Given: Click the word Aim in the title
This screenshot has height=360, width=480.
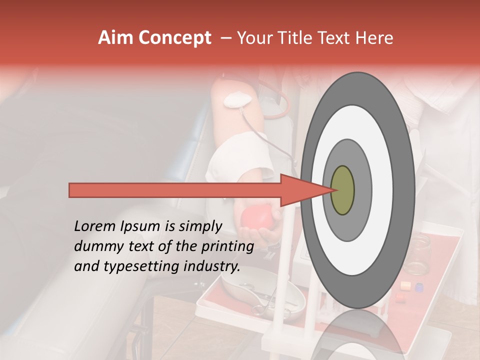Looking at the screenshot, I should coord(116,38).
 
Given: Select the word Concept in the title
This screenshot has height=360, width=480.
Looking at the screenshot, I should coord(175,38).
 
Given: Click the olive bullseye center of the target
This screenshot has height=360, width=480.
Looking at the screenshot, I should coord(342,190).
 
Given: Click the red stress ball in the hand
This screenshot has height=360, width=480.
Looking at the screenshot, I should coord(256,216).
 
